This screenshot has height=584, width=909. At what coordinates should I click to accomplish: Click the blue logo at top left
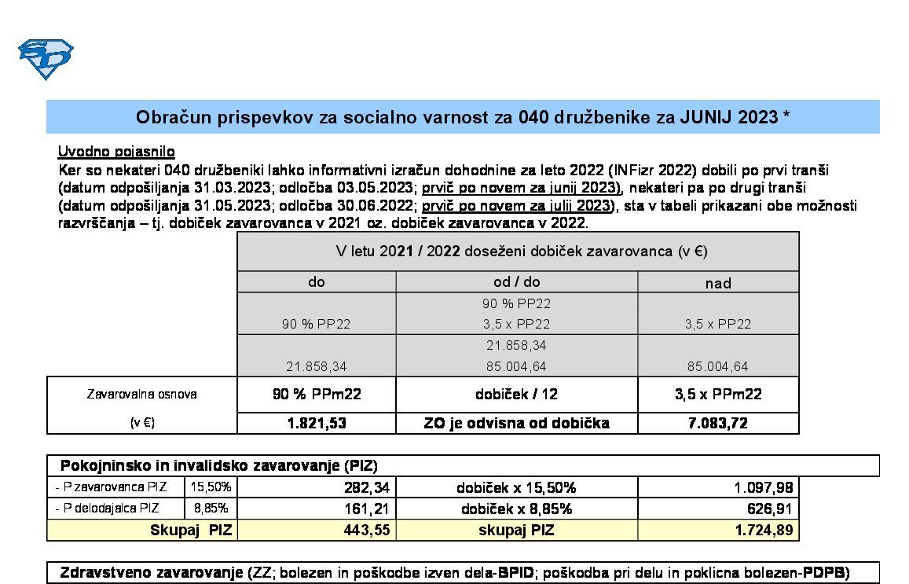click(46, 58)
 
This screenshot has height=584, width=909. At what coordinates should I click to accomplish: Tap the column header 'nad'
click(718, 283)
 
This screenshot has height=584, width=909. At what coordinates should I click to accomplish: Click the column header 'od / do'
click(516, 282)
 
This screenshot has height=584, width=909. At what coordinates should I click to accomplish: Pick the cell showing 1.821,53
click(317, 423)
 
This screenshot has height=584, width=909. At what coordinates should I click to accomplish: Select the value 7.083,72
click(718, 423)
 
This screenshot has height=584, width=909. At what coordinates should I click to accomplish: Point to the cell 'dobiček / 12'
click(516, 394)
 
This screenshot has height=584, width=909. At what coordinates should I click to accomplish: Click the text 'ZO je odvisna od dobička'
click(516, 423)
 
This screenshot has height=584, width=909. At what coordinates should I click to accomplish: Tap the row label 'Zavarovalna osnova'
click(141, 394)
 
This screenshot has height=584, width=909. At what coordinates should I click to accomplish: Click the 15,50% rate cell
click(211, 487)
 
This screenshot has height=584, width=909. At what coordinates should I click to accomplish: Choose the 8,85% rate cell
click(211, 509)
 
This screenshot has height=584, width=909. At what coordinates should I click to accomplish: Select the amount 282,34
click(367, 488)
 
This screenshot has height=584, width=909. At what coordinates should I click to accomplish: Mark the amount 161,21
click(367, 509)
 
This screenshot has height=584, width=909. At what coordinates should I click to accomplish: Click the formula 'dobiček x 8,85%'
click(516, 509)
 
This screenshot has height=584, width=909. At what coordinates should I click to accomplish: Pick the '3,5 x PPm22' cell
click(718, 394)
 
